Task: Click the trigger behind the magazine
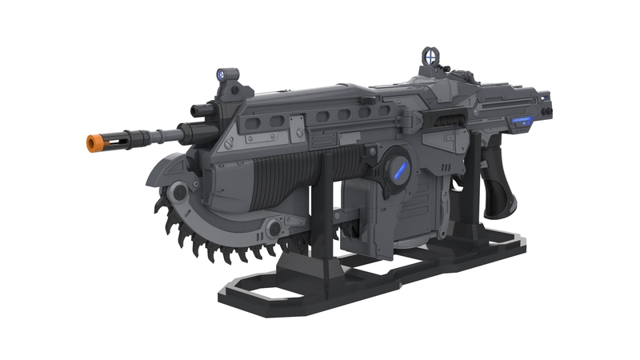459,180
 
